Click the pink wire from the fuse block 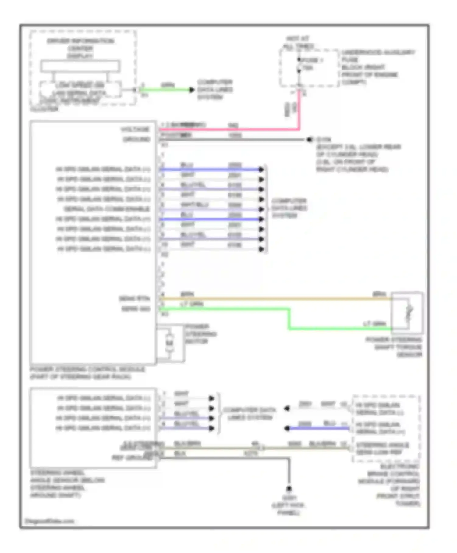[228, 130]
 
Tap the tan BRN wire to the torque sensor [274, 299]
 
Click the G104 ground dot [310, 140]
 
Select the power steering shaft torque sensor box [407, 313]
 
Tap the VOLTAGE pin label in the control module [135, 130]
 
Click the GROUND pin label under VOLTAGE [136, 139]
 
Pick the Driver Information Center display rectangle [80, 66]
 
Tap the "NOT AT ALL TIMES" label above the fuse [298, 43]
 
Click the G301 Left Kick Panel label [289, 505]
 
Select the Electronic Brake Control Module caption [393, 485]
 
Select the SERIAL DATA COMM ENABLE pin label [107, 209]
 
